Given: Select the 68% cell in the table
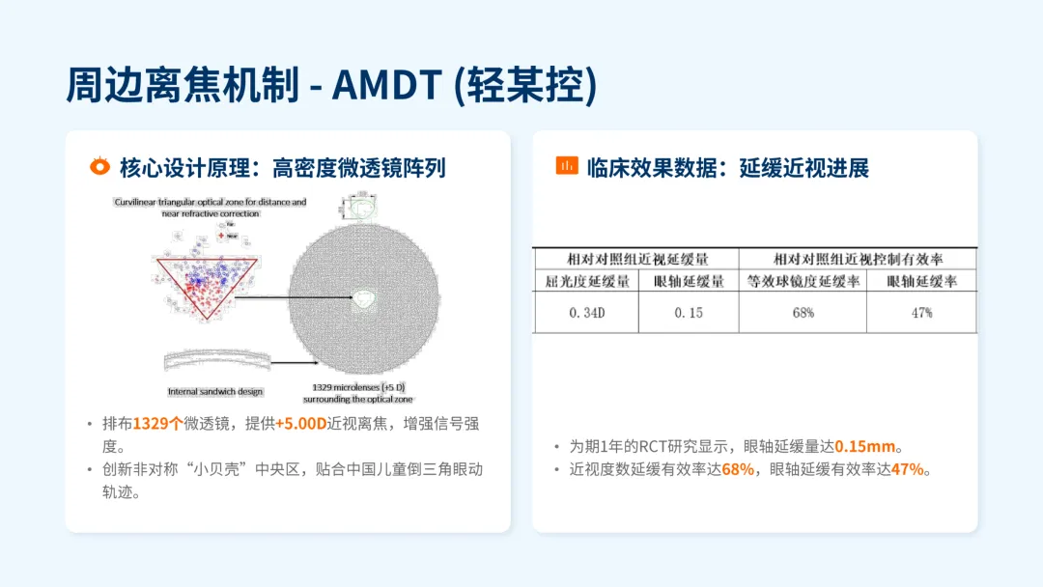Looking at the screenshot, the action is pyautogui.click(x=803, y=313).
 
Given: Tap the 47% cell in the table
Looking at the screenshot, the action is pyautogui.click(x=921, y=313).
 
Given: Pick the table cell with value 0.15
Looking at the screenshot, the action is pyautogui.click(x=688, y=313).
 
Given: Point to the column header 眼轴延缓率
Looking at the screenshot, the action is pyautogui.click(x=921, y=282).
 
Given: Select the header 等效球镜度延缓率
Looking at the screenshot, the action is pyautogui.click(x=803, y=282).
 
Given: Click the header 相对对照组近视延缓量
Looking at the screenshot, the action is pyautogui.click(x=635, y=259).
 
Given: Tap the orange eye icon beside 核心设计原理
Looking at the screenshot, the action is pyautogui.click(x=99, y=167).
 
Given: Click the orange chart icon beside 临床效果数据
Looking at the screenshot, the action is pyautogui.click(x=566, y=166).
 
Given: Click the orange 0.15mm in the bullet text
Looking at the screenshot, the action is pyautogui.click(x=865, y=447).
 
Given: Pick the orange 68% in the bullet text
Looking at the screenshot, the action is pyautogui.click(x=737, y=470).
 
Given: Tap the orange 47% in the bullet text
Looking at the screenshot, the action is pyautogui.click(x=906, y=470).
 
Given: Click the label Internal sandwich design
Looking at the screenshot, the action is pyautogui.click(x=215, y=391).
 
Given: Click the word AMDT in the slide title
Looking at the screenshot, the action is pyautogui.click(x=387, y=85).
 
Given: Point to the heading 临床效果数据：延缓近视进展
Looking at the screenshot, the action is pyautogui.click(x=727, y=168).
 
